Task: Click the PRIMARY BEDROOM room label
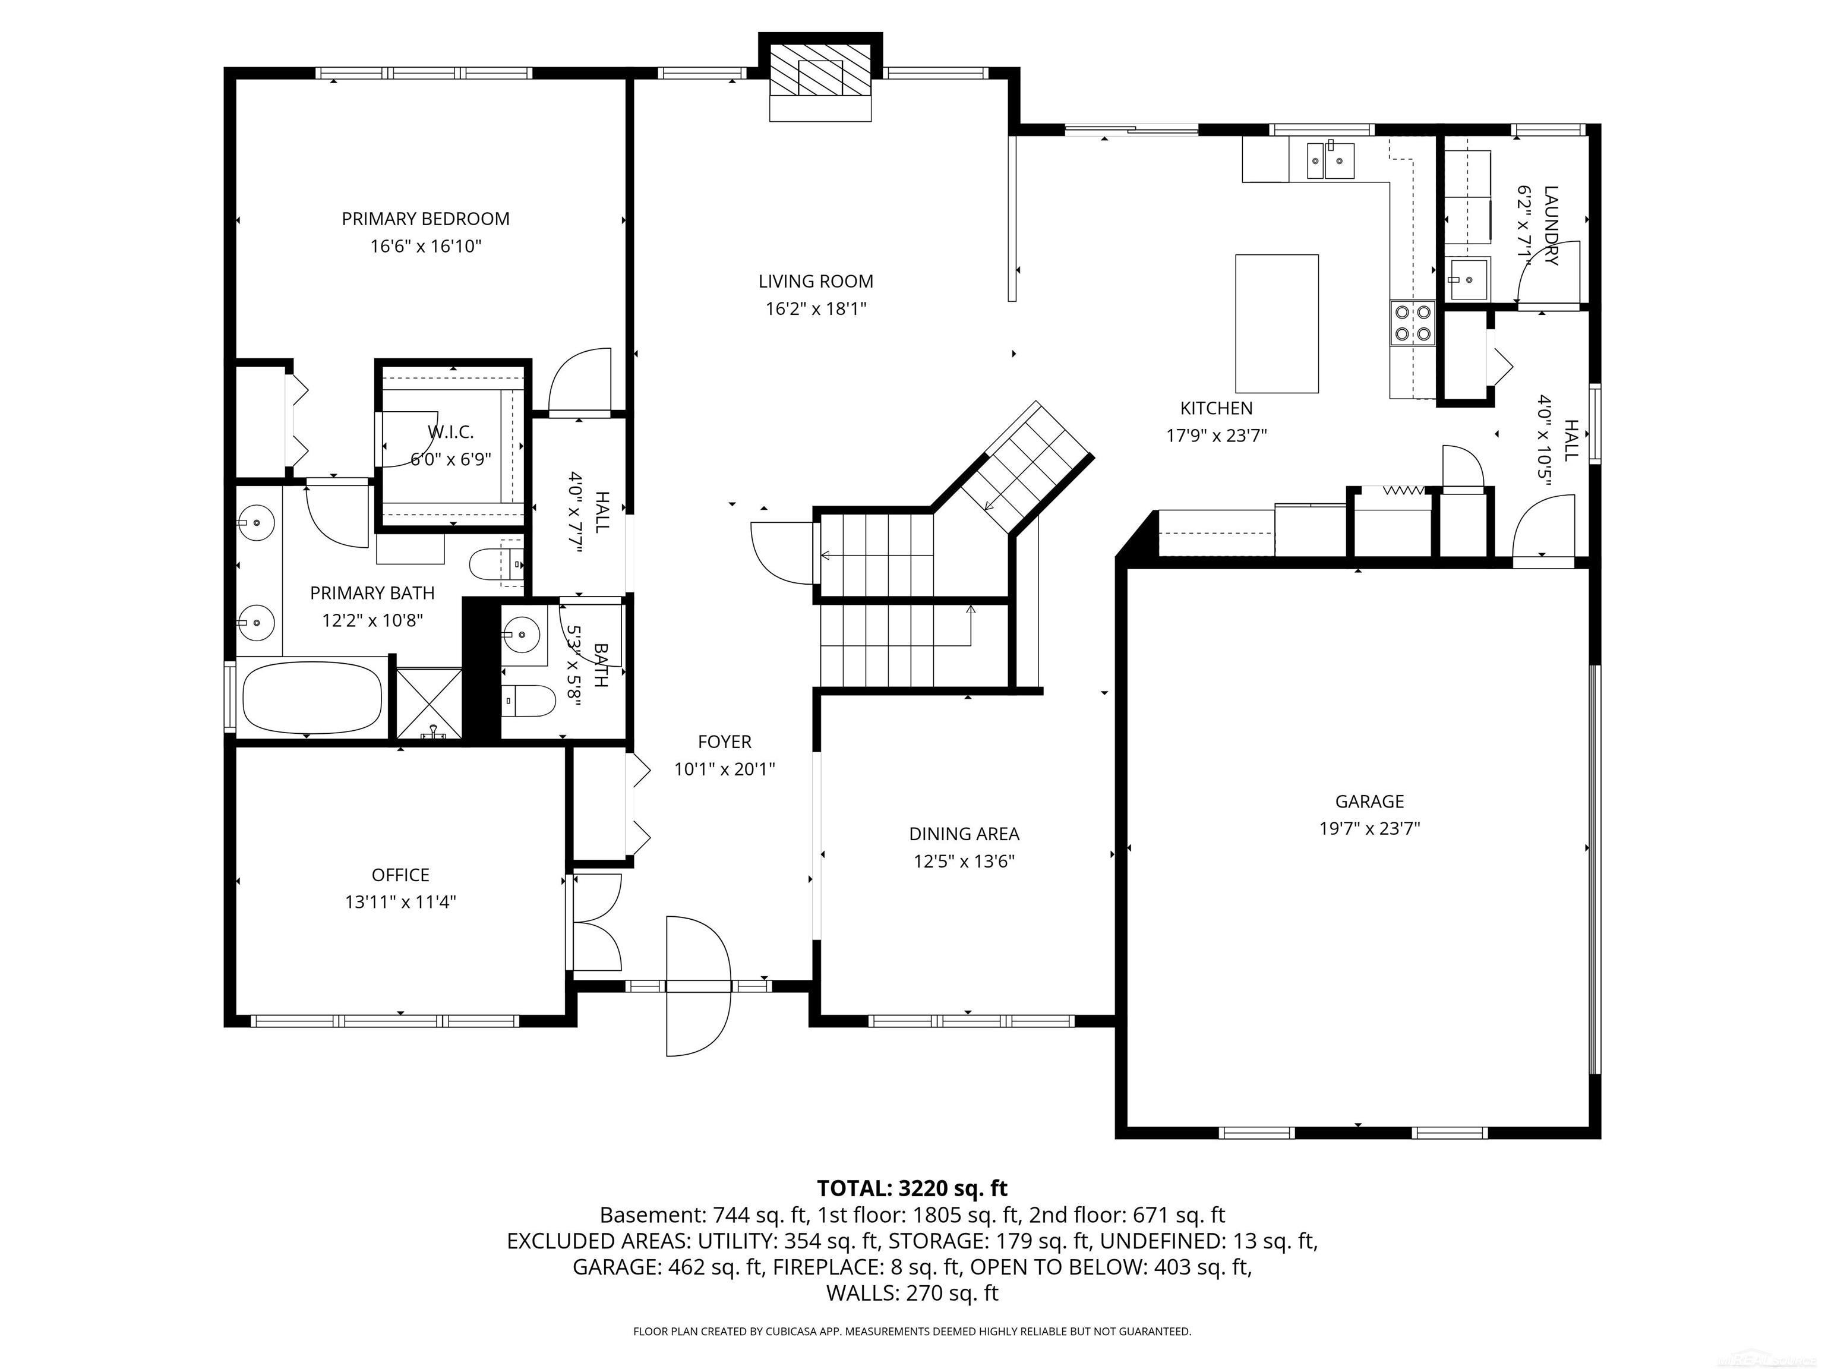pyautogui.click(x=426, y=219)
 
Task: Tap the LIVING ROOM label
pyautogui.click(x=816, y=282)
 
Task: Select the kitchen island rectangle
pyautogui.click(x=1276, y=323)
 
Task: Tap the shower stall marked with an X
pyautogui.click(x=429, y=703)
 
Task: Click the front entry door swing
pyautogui.click(x=698, y=986)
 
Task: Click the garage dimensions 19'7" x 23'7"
pyautogui.click(x=1369, y=828)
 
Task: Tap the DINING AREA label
pyautogui.click(x=964, y=834)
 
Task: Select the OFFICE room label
pyautogui.click(x=400, y=875)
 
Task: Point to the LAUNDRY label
pyautogui.click(x=1551, y=225)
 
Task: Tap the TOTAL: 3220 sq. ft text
pyautogui.click(x=912, y=1188)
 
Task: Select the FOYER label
pyautogui.click(x=724, y=742)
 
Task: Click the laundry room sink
pyautogui.click(x=1468, y=279)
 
